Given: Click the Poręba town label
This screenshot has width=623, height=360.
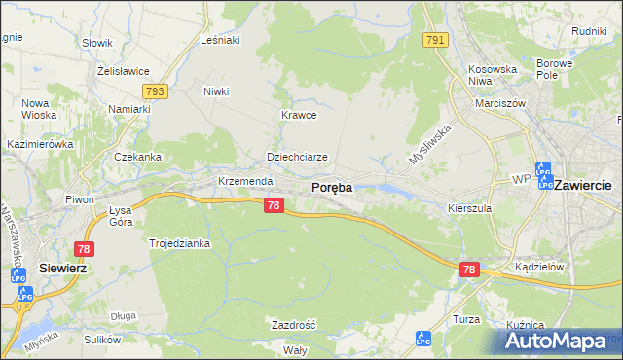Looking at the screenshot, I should point(331,187).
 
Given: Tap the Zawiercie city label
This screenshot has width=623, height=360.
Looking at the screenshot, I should point(581,185).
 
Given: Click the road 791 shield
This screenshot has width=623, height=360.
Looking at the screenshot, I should point(436,40).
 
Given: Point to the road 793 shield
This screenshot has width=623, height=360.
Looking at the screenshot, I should point(154,90).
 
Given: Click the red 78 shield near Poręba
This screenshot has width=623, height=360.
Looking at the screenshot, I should point(275,205).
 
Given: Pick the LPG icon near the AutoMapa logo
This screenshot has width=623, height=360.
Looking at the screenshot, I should point(422,339).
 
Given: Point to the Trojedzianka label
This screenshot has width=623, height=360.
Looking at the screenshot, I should point(179,243).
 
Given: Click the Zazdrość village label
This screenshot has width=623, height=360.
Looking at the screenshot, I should point(293,324).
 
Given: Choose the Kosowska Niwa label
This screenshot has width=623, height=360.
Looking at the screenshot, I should point(493,76).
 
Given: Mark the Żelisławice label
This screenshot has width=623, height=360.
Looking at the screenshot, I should point(122,71).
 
